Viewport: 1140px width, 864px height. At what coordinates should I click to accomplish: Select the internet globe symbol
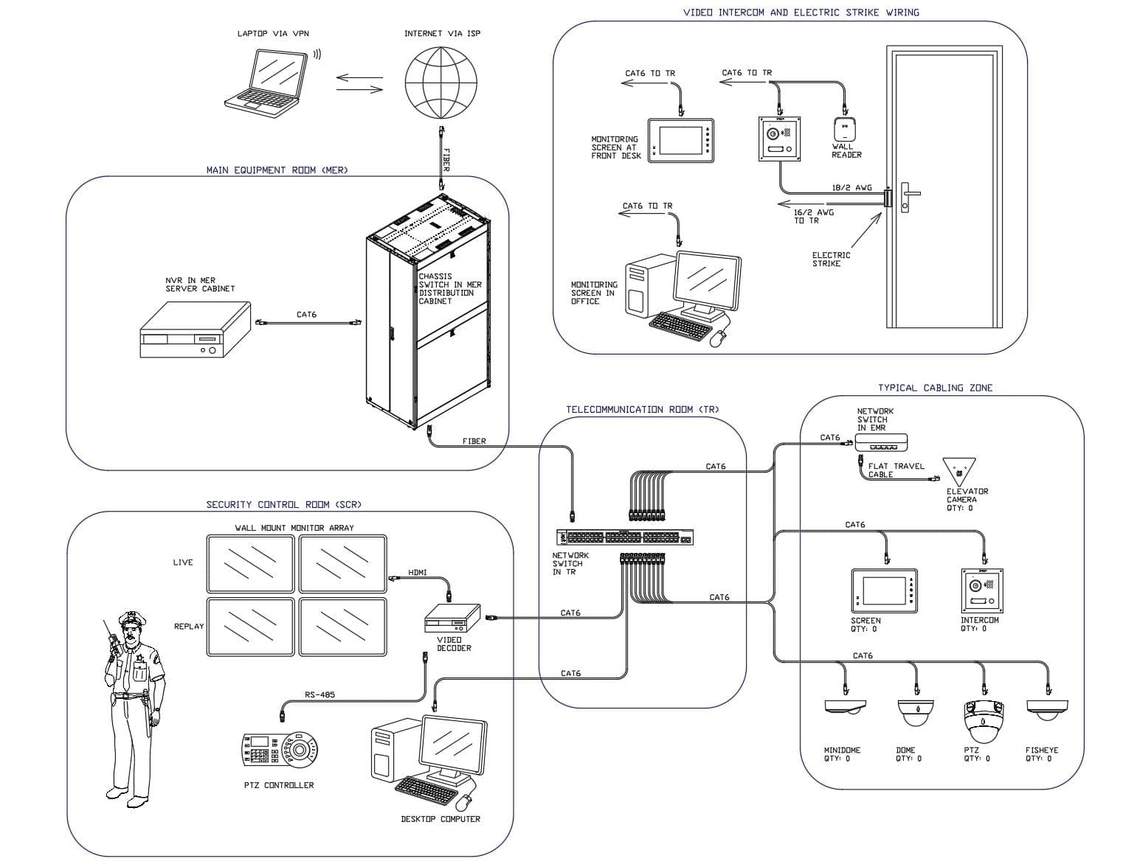[441, 83]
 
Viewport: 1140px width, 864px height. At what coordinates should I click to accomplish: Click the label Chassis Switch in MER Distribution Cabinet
[449, 289]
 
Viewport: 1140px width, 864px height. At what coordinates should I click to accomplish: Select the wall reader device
[844, 130]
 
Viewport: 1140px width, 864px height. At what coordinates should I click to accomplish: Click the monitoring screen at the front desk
[681, 140]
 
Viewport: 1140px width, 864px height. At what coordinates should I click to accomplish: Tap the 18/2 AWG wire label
[851, 188]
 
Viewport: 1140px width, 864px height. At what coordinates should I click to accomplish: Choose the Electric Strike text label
[831, 259]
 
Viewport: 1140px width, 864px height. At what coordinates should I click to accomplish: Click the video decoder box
[452, 618]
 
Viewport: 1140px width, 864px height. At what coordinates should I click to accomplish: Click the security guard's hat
[130, 617]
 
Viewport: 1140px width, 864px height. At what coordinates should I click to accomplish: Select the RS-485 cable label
[319, 694]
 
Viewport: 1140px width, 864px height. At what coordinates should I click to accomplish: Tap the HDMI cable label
[417, 573]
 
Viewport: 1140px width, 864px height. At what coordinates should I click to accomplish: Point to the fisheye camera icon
[1046, 710]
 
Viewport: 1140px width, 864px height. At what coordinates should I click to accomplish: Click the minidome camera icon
[845, 708]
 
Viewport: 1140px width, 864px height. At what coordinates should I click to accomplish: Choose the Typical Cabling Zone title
[934, 388]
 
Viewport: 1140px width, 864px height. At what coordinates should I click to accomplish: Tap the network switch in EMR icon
[881, 442]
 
